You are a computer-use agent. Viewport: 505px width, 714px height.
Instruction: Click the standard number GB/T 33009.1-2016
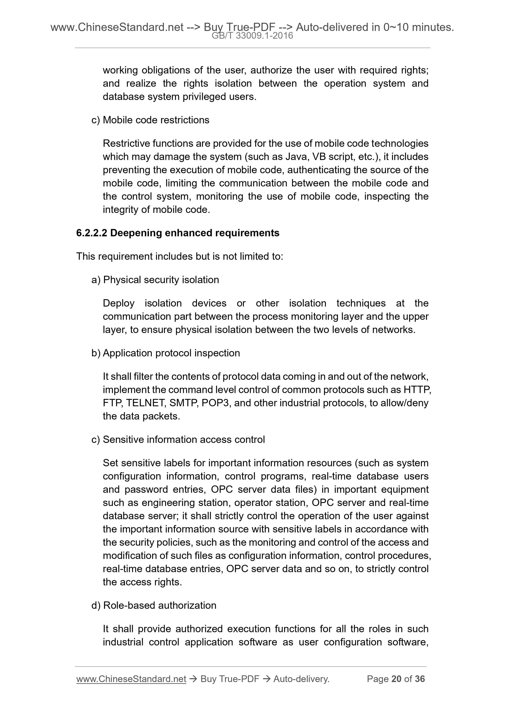252,36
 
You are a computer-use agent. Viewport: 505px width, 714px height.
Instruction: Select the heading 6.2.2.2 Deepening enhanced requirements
178,233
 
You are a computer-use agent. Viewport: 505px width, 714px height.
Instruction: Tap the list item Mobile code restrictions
156,120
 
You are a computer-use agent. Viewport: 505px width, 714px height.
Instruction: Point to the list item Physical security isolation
161,280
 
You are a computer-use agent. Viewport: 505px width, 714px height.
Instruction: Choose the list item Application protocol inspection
171,353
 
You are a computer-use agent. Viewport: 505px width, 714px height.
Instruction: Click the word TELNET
146,403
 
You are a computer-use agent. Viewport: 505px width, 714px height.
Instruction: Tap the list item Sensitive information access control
183,439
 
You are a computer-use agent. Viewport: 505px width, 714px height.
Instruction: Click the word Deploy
119,303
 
